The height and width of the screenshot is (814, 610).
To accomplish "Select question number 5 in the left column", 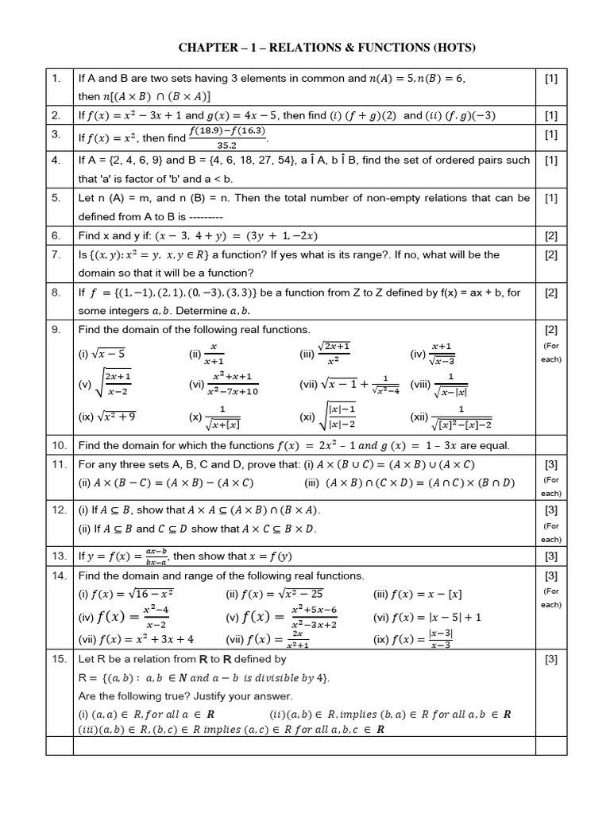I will point(55,197).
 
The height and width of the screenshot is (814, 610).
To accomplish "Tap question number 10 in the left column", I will point(58,445).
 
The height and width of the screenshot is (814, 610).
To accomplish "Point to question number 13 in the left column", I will point(58,555).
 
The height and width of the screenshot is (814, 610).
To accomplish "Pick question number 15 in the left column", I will point(58,659).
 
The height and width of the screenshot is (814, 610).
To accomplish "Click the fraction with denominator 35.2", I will point(227,138).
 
